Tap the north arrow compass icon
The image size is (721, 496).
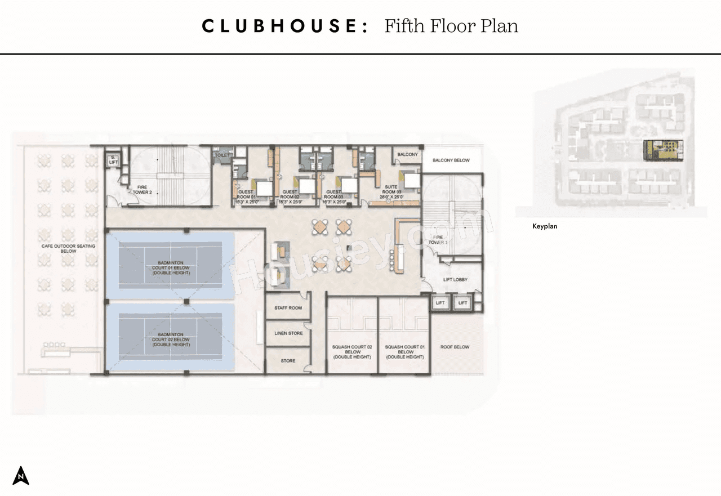(x=21, y=476)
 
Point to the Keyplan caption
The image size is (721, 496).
(x=545, y=226)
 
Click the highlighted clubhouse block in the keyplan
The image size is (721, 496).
(x=662, y=149)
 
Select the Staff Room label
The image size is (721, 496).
(x=288, y=308)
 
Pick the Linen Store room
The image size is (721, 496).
(x=288, y=333)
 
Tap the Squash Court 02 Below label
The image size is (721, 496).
(x=353, y=352)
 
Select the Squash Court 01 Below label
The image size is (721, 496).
(x=404, y=352)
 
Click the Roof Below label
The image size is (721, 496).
(x=455, y=347)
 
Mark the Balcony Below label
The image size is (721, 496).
(x=451, y=160)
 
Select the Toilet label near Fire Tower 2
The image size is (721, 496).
(x=220, y=154)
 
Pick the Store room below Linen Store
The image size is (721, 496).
(x=288, y=360)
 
